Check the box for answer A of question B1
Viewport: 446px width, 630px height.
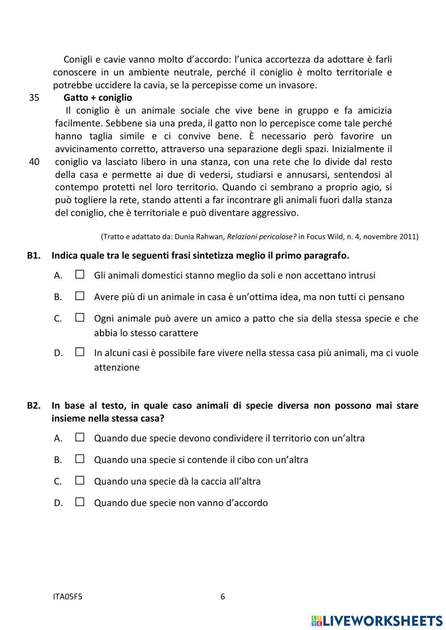80,275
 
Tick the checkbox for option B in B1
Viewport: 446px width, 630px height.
80,296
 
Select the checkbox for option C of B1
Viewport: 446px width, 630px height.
80,318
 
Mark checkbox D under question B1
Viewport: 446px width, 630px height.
80,352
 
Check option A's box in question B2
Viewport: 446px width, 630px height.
80,437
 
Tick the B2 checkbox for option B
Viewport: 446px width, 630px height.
80,459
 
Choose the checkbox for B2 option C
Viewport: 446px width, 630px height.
80,481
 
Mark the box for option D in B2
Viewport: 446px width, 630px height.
80,502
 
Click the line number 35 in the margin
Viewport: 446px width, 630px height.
34,98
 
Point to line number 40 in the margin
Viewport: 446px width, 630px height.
34,162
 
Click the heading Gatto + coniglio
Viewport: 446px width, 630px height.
98,98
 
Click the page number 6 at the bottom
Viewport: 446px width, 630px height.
223,597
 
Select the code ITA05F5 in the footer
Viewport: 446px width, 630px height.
68,597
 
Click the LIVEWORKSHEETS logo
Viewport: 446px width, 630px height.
377,621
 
